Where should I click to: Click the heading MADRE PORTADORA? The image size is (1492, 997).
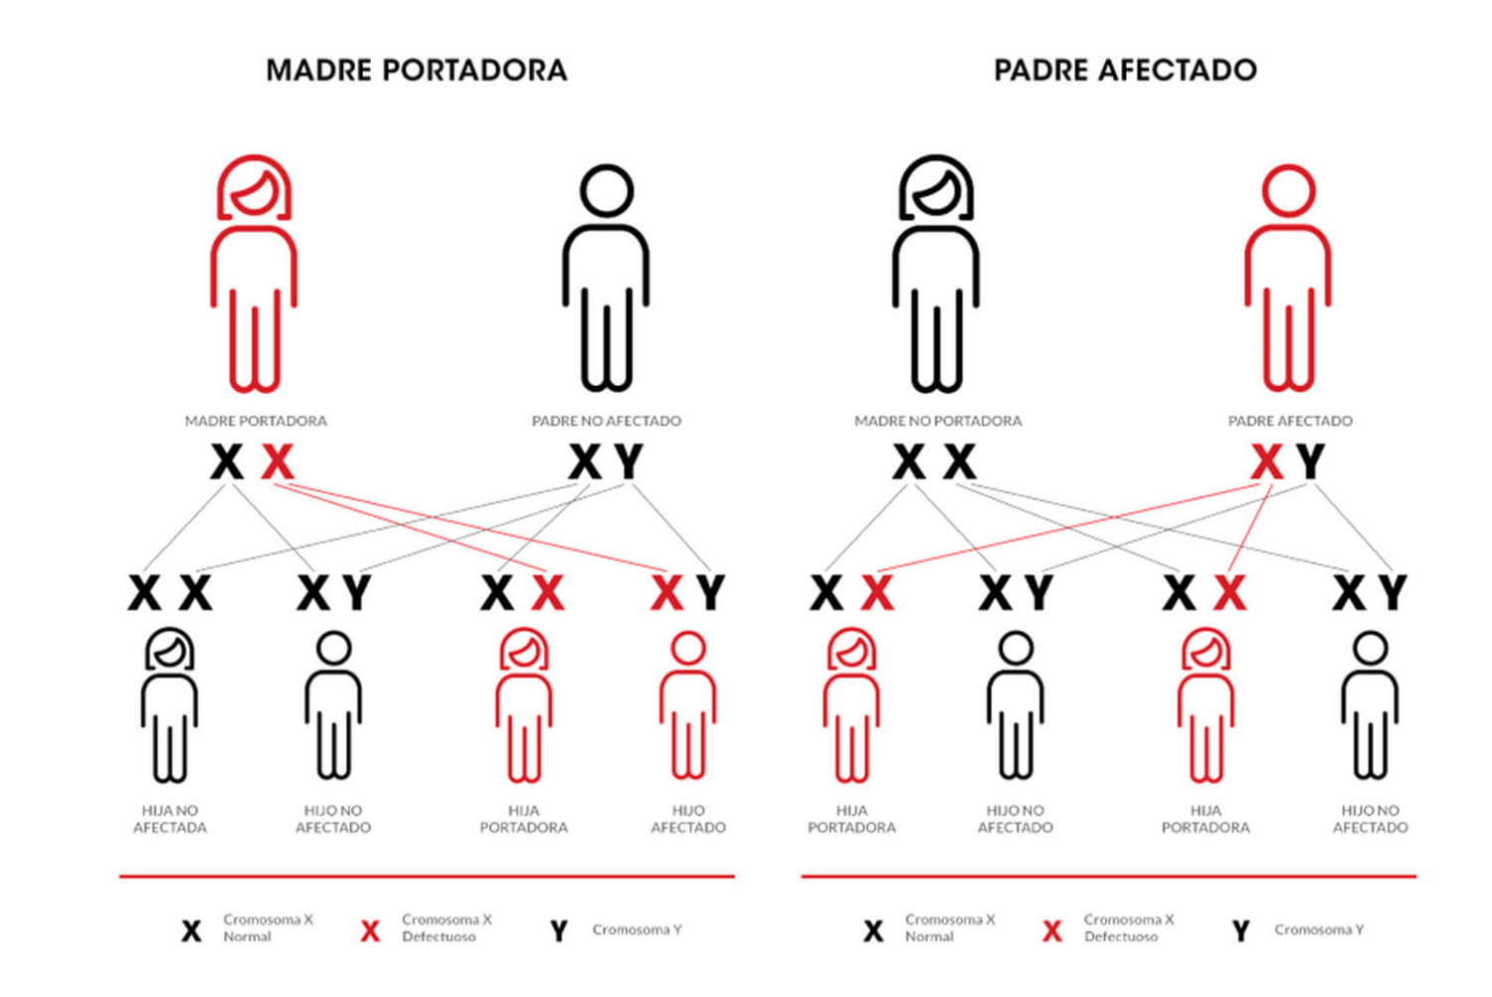[x=417, y=71]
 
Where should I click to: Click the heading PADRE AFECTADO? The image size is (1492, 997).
[x=1126, y=71]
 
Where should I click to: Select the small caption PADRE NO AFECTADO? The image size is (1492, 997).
[x=606, y=421]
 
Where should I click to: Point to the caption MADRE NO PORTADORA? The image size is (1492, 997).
[x=938, y=421]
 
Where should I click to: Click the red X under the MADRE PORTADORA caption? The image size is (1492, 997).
[x=278, y=461]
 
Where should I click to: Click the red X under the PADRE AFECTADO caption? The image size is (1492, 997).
[x=1267, y=461]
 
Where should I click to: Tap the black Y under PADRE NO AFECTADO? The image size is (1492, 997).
[x=628, y=461]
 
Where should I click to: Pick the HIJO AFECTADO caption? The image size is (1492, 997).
[x=688, y=819]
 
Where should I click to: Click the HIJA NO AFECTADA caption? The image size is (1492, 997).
[x=170, y=819]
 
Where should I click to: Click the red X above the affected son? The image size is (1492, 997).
[x=666, y=592]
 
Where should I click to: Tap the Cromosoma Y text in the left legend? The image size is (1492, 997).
[x=637, y=929]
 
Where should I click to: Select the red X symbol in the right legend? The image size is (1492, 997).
[x=1051, y=931]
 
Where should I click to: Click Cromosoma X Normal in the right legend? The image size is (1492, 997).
[x=950, y=927]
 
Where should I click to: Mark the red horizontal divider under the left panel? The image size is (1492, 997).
[x=427, y=877]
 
